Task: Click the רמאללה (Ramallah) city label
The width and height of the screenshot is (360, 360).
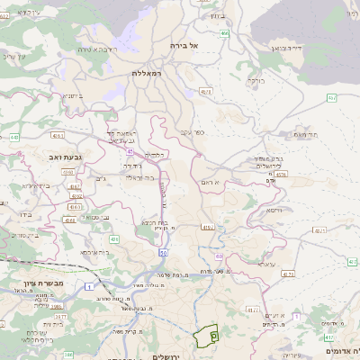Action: (x=144, y=72)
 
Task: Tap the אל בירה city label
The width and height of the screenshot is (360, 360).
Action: (x=200, y=44)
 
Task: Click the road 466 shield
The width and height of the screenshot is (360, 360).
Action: (x=223, y=33)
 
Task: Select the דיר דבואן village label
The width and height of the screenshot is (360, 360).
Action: (x=283, y=46)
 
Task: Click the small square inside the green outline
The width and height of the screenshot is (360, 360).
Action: (x=213, y=335)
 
